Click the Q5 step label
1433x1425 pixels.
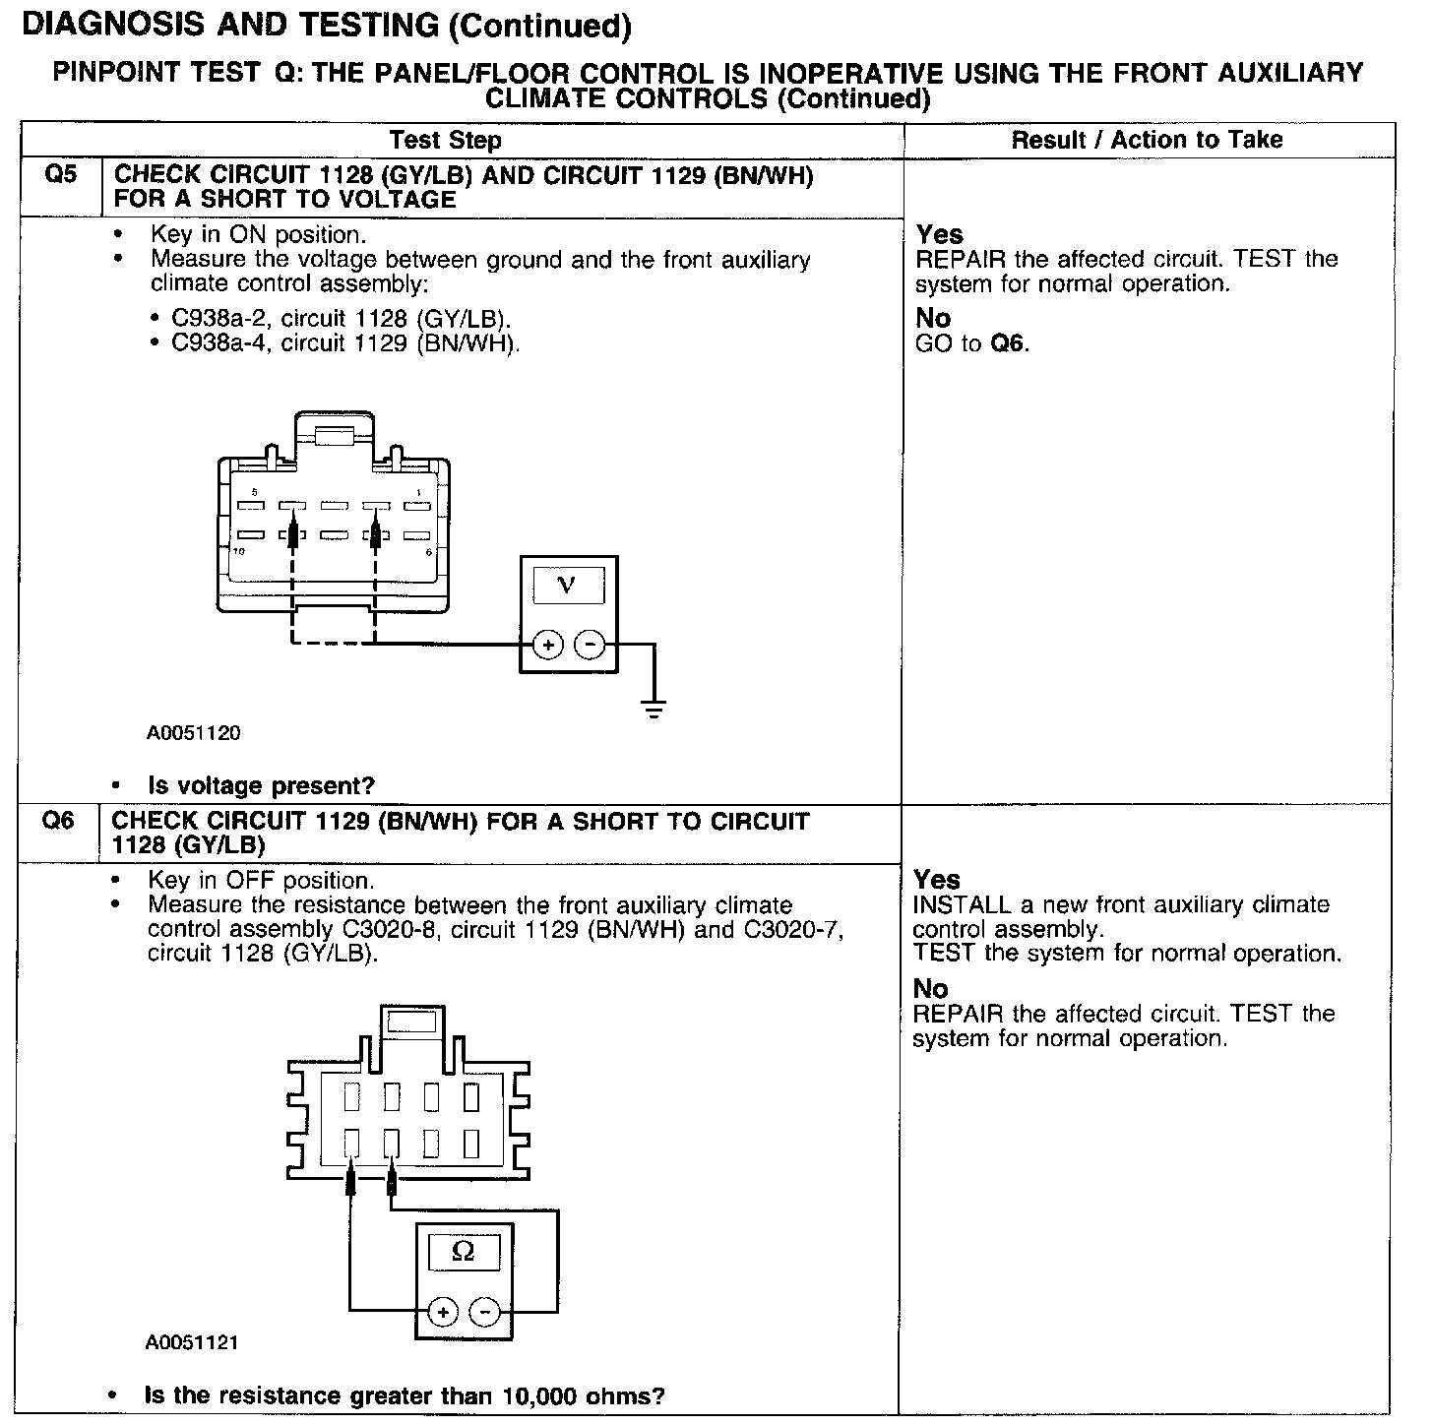tap(60, 175)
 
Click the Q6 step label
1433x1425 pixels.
tap(58, 821)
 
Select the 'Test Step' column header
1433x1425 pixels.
tap(445, 141)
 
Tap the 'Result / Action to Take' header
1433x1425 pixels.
tap(1147, 141)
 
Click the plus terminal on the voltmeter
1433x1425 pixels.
tap(547, 645)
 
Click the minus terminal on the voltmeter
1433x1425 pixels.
tap(590, 645)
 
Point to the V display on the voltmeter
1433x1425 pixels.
tap(567, 586)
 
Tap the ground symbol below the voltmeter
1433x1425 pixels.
tap(653, 709)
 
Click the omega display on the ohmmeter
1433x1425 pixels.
tap(462, 1252)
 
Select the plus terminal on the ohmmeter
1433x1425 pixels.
tap(443, 1312)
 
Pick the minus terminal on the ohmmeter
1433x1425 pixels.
tap(484, 1312)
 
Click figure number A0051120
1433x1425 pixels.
tap(194, 733)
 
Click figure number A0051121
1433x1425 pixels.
tap(191, 1342)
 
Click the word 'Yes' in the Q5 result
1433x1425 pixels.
tap(940, 234)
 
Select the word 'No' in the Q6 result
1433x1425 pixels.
tap(930, 988)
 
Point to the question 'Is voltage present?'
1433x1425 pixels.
tap(261, 785)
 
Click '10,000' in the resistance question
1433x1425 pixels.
tap(537, 1395)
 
